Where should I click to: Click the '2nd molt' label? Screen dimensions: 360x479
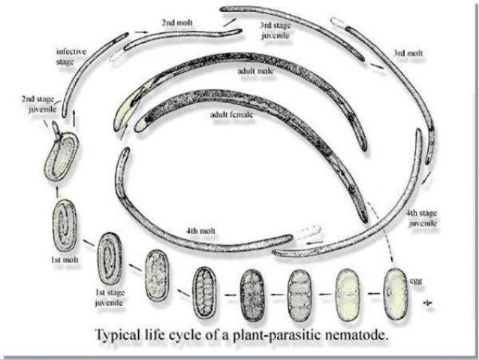(x=177, y=23)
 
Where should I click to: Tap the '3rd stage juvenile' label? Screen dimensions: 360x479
(x=276, y=30)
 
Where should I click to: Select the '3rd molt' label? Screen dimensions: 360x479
(x=408, y=54)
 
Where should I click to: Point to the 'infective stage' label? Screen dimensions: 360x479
(x=71, y=56)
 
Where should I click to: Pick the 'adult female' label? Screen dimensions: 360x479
(x=231, y=116)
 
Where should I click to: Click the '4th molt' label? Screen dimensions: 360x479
(x=201, y=229)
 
